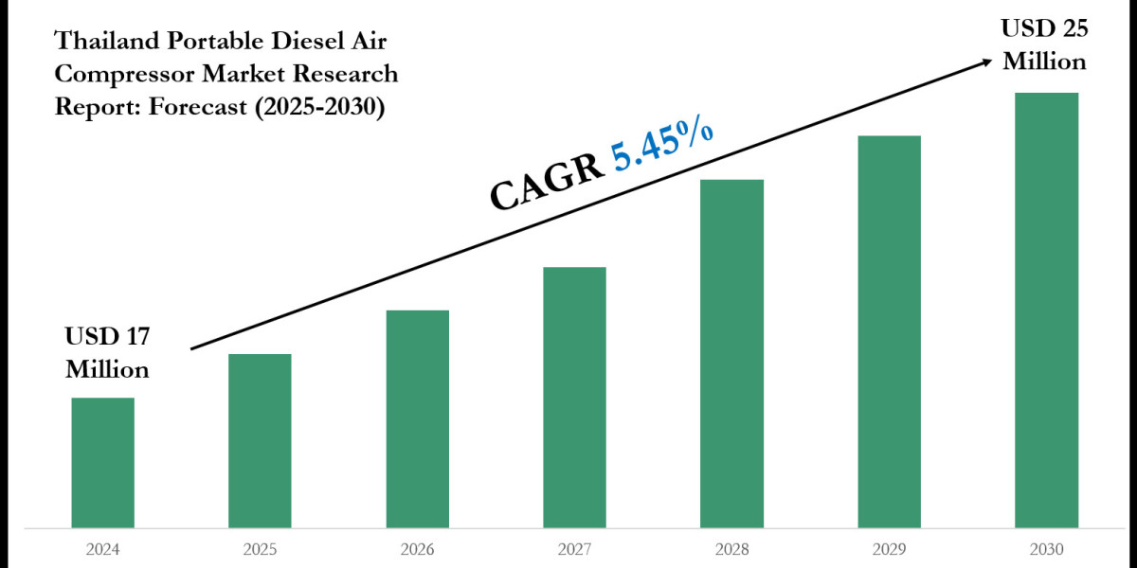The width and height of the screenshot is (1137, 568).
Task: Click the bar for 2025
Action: tap(260, 440)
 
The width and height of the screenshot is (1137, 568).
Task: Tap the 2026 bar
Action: tap(417, 418)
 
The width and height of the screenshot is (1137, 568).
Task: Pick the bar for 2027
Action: tap(574, 397)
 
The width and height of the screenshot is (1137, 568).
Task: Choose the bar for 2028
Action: tap(731, 353)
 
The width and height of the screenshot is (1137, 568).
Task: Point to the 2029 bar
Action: tap(889, 331)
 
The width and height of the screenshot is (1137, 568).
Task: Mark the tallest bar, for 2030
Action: tap(1046, 310)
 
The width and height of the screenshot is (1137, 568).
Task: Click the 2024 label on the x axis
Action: tap(103, 548)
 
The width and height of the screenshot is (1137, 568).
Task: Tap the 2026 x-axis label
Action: tap(417, 548)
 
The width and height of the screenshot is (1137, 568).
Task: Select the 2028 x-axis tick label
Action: tap(731, 548)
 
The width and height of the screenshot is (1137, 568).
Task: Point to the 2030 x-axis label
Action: tap(1046, 548)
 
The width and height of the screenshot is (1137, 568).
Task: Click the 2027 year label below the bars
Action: tap(574, 548)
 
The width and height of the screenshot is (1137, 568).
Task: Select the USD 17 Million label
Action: tap(107, 352)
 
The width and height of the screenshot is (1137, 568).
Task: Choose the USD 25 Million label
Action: tap(1044, 44)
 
